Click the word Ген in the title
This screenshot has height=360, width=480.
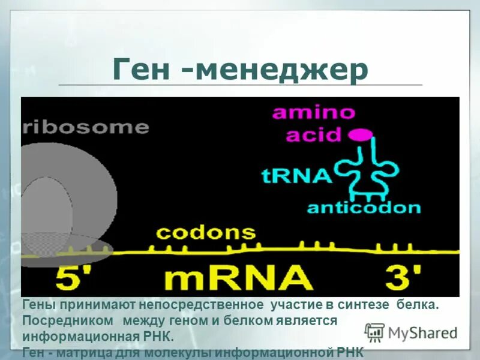tap(143, 71)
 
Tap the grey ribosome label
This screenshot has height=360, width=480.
tap(86, 127)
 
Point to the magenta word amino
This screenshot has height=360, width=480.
tap(314, 113)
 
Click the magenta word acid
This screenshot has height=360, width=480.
tap(313, 134)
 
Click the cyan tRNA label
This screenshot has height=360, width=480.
tap(296, 176)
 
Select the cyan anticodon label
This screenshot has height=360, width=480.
tap(364, 208)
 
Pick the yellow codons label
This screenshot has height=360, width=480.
tap(206, 233)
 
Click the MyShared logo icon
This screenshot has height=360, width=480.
tap(374, 332)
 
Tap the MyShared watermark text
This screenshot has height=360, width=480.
tap(422, 333)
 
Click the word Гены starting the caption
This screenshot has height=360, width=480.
tap(38, 305)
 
